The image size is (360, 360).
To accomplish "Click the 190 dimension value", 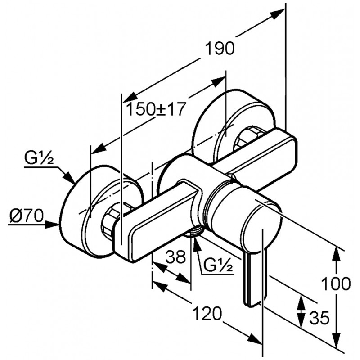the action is (220, 49).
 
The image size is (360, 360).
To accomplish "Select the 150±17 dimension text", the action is (155, 109).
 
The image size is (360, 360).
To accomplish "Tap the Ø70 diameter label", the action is (27, 216).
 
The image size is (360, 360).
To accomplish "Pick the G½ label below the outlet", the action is (218, 265).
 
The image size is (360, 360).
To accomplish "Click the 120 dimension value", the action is (207, 314).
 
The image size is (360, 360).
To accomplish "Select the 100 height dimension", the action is (336, 284).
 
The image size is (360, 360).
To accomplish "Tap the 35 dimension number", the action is (319, 318).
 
